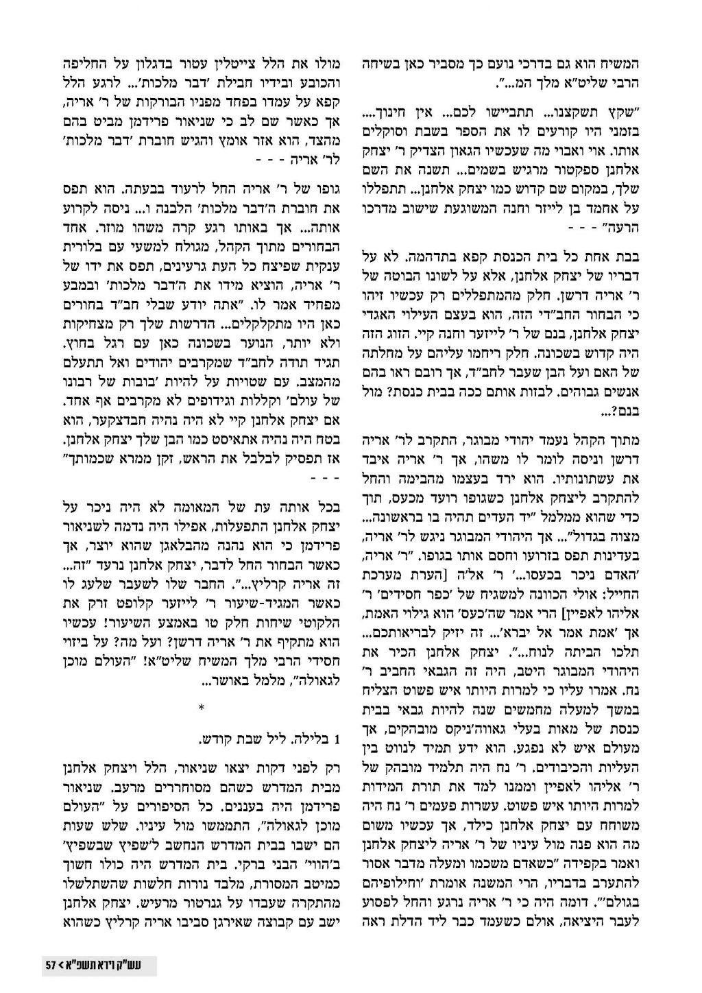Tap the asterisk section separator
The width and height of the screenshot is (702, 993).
click(x=201, y=707)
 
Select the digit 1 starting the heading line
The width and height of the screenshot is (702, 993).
click(x=337, y=739)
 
